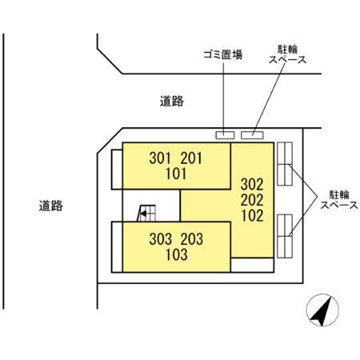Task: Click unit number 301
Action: [x=161, y=158]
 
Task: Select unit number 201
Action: [x=194, y=158]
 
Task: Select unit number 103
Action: [x=177, y=256]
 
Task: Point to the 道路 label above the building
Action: [x=171, y=101]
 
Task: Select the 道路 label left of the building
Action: [x=50, y=206]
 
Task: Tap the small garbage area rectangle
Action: [x=225, y=134]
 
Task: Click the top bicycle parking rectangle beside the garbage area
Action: [x=252, y=134]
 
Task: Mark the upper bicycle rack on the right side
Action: [x=286, y=166]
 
